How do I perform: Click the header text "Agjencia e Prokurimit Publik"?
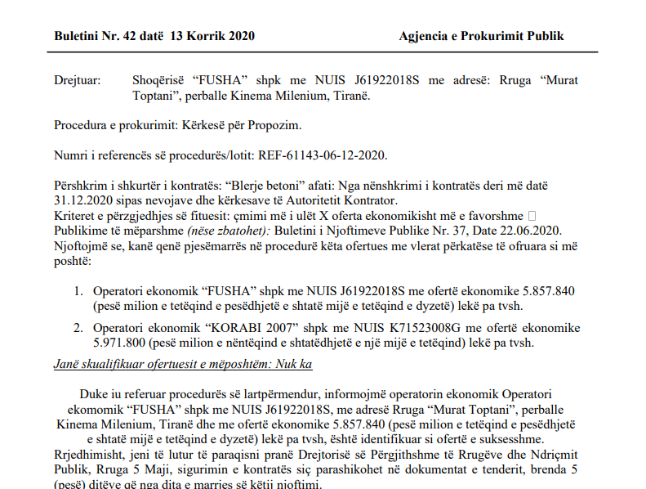[x=481, y=36]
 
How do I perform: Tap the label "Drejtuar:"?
[x=78, y=81]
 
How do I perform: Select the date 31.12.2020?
[x=82, y=200]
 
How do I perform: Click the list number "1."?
[x=79, y=290]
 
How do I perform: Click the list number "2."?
[x=79, y=327]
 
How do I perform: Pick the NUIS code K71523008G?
[x=401, y=327]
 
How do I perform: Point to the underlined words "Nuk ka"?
[x=296, y=363]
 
